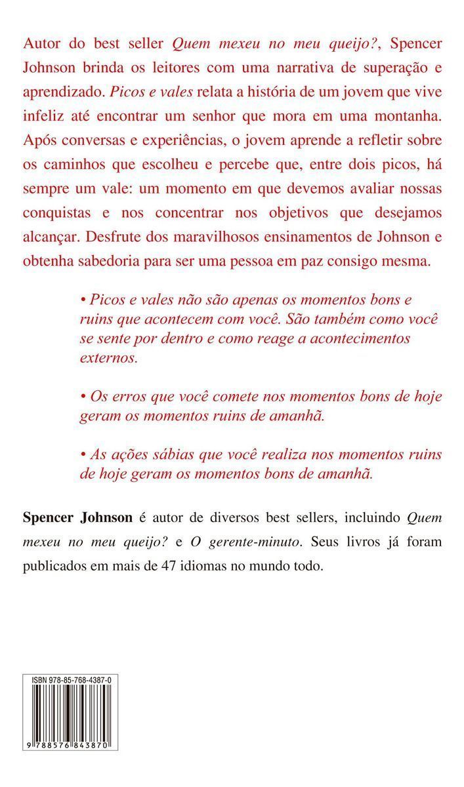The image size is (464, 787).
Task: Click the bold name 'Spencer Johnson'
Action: point(77,517)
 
